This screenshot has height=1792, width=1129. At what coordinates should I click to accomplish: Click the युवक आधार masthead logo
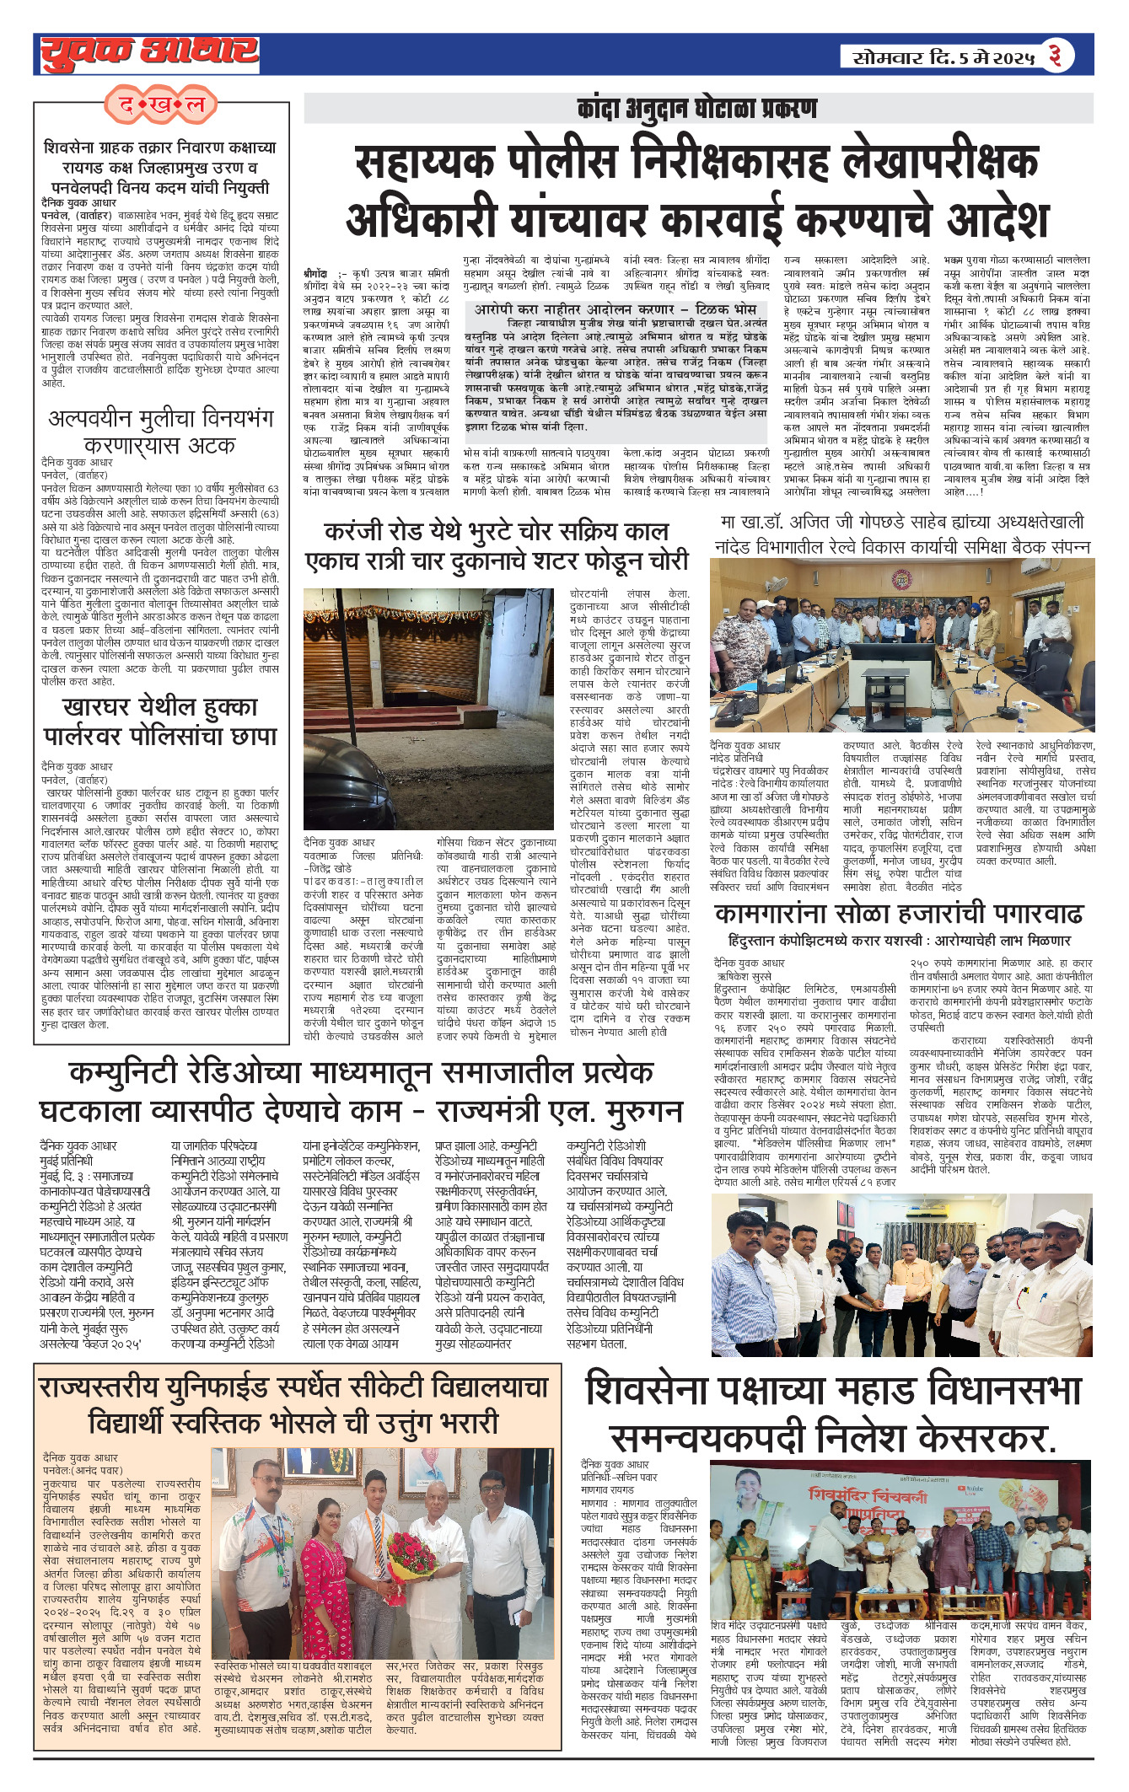[x=149, y=53]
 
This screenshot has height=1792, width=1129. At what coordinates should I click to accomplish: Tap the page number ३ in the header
[x=1055, y=56]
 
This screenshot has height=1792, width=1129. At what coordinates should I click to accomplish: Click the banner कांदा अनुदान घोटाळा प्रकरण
[x=696, y=109]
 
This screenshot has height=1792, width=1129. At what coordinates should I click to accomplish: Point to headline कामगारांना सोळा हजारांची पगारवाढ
[x=898, y=914]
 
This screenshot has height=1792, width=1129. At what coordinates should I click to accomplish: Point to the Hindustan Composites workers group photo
[x=901, y=1274]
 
